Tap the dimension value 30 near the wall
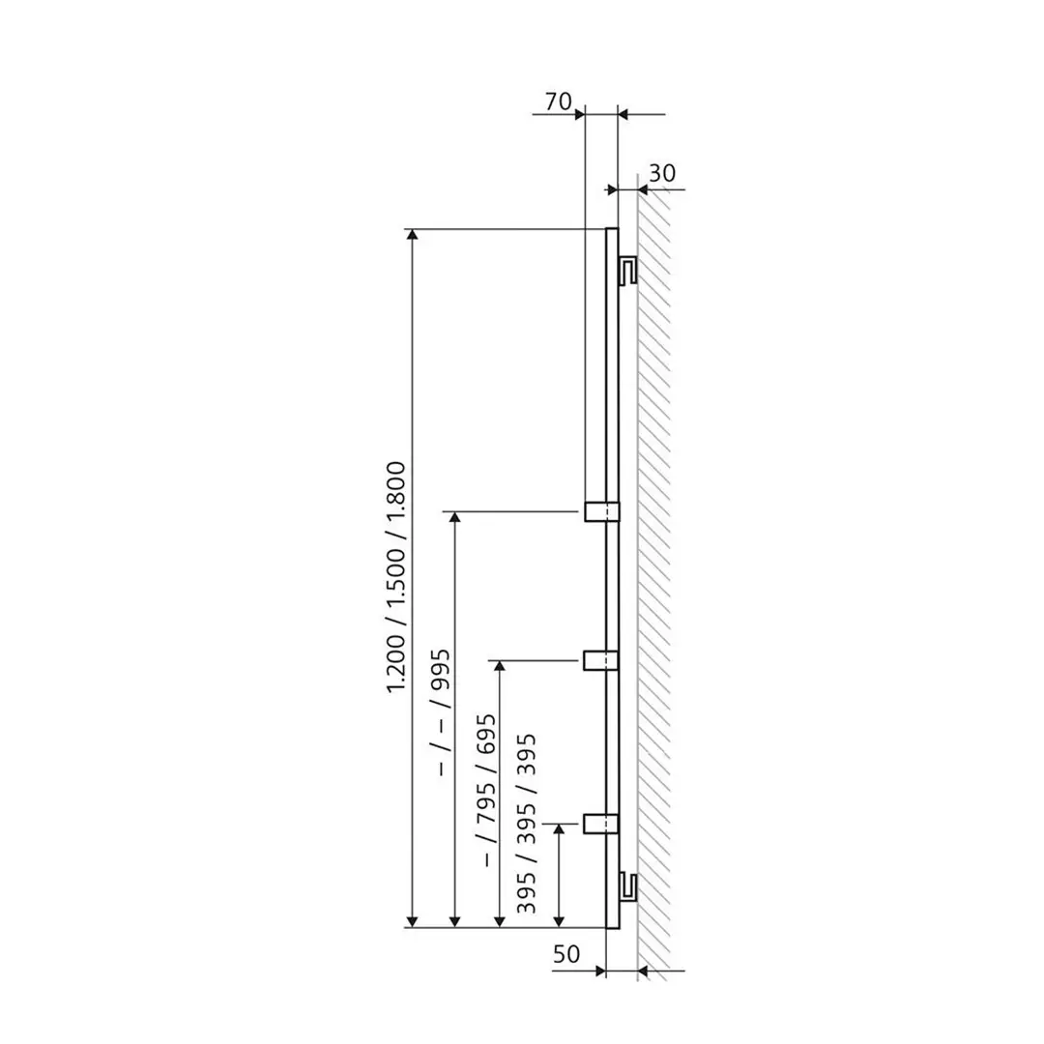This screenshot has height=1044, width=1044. pos(661,173)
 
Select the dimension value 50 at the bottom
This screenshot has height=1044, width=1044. pos(567,954)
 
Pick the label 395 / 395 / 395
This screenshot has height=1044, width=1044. pos(527,824)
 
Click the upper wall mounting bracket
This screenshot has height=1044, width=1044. pos(626,270)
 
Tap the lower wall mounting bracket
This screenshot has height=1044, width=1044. pos(626,884)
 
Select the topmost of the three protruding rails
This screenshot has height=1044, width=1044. pos(599,510)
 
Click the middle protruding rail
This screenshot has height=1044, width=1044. pos(599,660)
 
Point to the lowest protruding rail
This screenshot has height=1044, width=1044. pos(599,823)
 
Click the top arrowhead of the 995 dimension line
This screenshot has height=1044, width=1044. pos(455,518)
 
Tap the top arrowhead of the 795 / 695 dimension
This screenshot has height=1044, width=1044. pos(499,668)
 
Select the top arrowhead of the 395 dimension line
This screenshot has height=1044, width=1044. pos(558,830)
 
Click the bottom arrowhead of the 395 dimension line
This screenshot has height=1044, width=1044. pos(558,919)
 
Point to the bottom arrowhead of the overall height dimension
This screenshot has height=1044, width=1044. pos(413,919)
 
